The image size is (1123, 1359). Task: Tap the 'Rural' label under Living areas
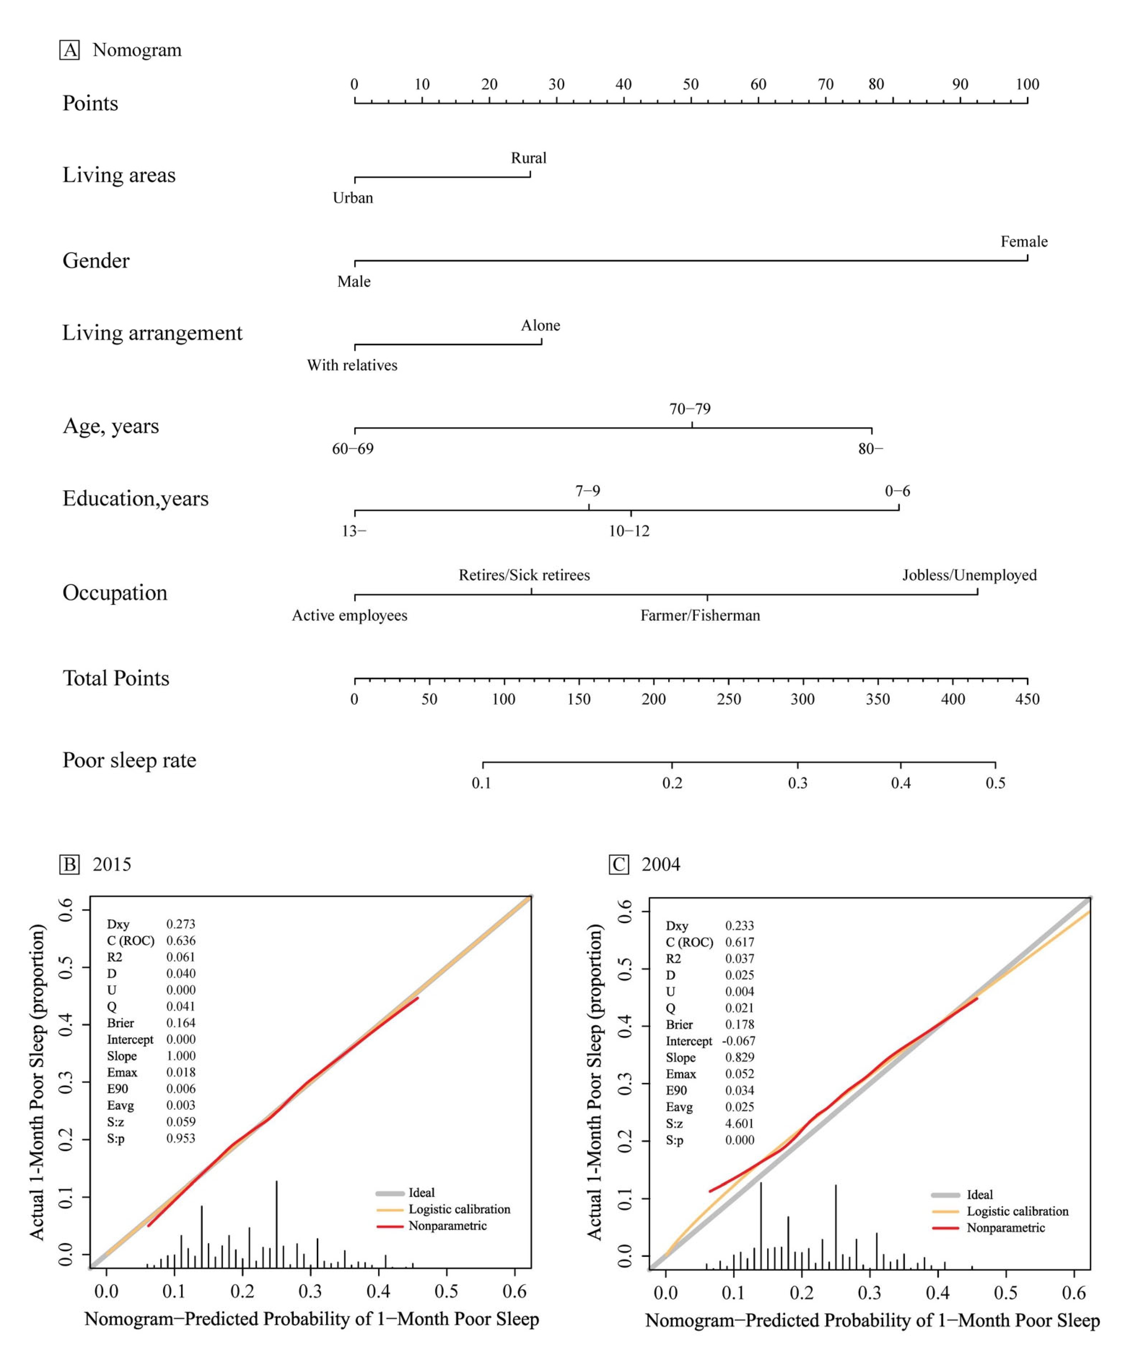(x=529, y=158)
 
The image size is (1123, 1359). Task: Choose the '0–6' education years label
(x=897, y=491)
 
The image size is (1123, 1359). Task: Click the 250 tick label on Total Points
(x=728, y=699)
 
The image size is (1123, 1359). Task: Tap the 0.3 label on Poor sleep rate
(x=797, y=783)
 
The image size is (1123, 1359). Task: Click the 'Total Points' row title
(x=116, y=678)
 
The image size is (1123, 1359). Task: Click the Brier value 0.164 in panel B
(x=181, y=1023)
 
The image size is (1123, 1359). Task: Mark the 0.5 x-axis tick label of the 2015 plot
(x=446, y=1292)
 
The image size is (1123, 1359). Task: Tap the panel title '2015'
(x=112, y=865)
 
